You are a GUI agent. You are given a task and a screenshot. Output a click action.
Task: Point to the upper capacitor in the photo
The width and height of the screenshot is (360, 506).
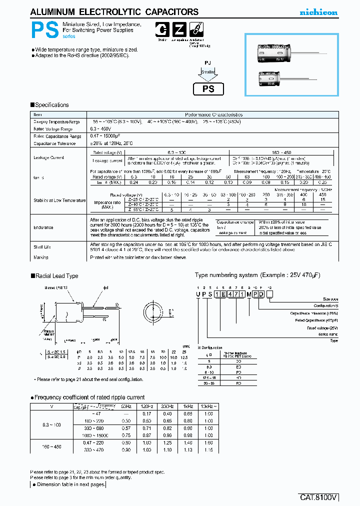[x=276, y=52]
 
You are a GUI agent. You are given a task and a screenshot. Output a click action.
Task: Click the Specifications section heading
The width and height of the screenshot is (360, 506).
[x=50, y=105]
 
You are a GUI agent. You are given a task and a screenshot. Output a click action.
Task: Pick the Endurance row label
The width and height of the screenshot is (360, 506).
[x=43, y=227]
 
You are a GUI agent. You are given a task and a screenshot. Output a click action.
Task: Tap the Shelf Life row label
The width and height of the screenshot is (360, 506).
[x=43, y=247]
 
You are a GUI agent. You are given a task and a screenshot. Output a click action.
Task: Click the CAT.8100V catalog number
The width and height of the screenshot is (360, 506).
[x=319, y=497]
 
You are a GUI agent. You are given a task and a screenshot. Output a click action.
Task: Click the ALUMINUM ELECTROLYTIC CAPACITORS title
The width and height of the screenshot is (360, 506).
[x=114, y=12]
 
